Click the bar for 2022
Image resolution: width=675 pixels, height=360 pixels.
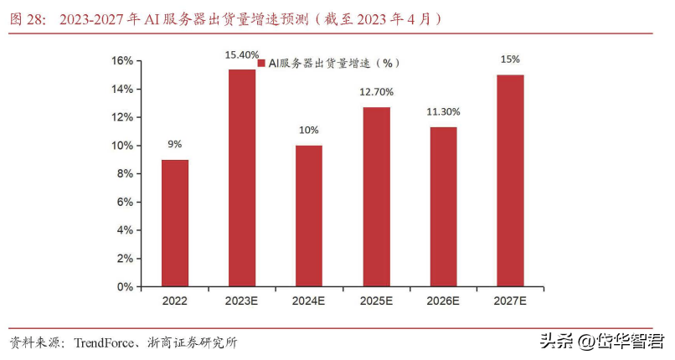[x=175, y=224]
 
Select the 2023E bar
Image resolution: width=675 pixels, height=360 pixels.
[x=242, y=178]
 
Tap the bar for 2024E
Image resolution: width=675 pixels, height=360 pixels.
[x=309, y=216]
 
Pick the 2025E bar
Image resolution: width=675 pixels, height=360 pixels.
[x=377, y=197]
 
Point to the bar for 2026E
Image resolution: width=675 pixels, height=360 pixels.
[x=443, y=207]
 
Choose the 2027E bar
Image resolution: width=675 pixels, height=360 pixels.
[x=511, y=181]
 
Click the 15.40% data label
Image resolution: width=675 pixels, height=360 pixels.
[x=242, y=55]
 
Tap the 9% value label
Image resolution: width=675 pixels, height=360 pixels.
[x=175, y=144]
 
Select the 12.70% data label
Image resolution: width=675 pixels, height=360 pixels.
[x=377, y=91]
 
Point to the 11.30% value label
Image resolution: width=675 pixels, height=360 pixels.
[x=443, y=112]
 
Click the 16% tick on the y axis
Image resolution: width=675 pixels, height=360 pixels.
[x=122, y=60]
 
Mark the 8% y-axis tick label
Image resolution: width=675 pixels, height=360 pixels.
[x=125, y=174]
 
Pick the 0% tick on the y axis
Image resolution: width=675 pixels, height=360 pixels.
[x=125, y=287]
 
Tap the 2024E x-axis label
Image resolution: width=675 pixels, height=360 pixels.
[x=309, y=301]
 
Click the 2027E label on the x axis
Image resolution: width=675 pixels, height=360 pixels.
[x=511, y=301]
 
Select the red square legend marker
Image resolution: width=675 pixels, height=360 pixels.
[x=261, y=64]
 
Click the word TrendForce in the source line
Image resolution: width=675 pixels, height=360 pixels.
[x=104, y=342]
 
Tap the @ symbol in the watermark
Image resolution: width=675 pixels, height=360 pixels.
[x=586, y=342]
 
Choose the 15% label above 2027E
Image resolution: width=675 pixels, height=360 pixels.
[x=511, y=59]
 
